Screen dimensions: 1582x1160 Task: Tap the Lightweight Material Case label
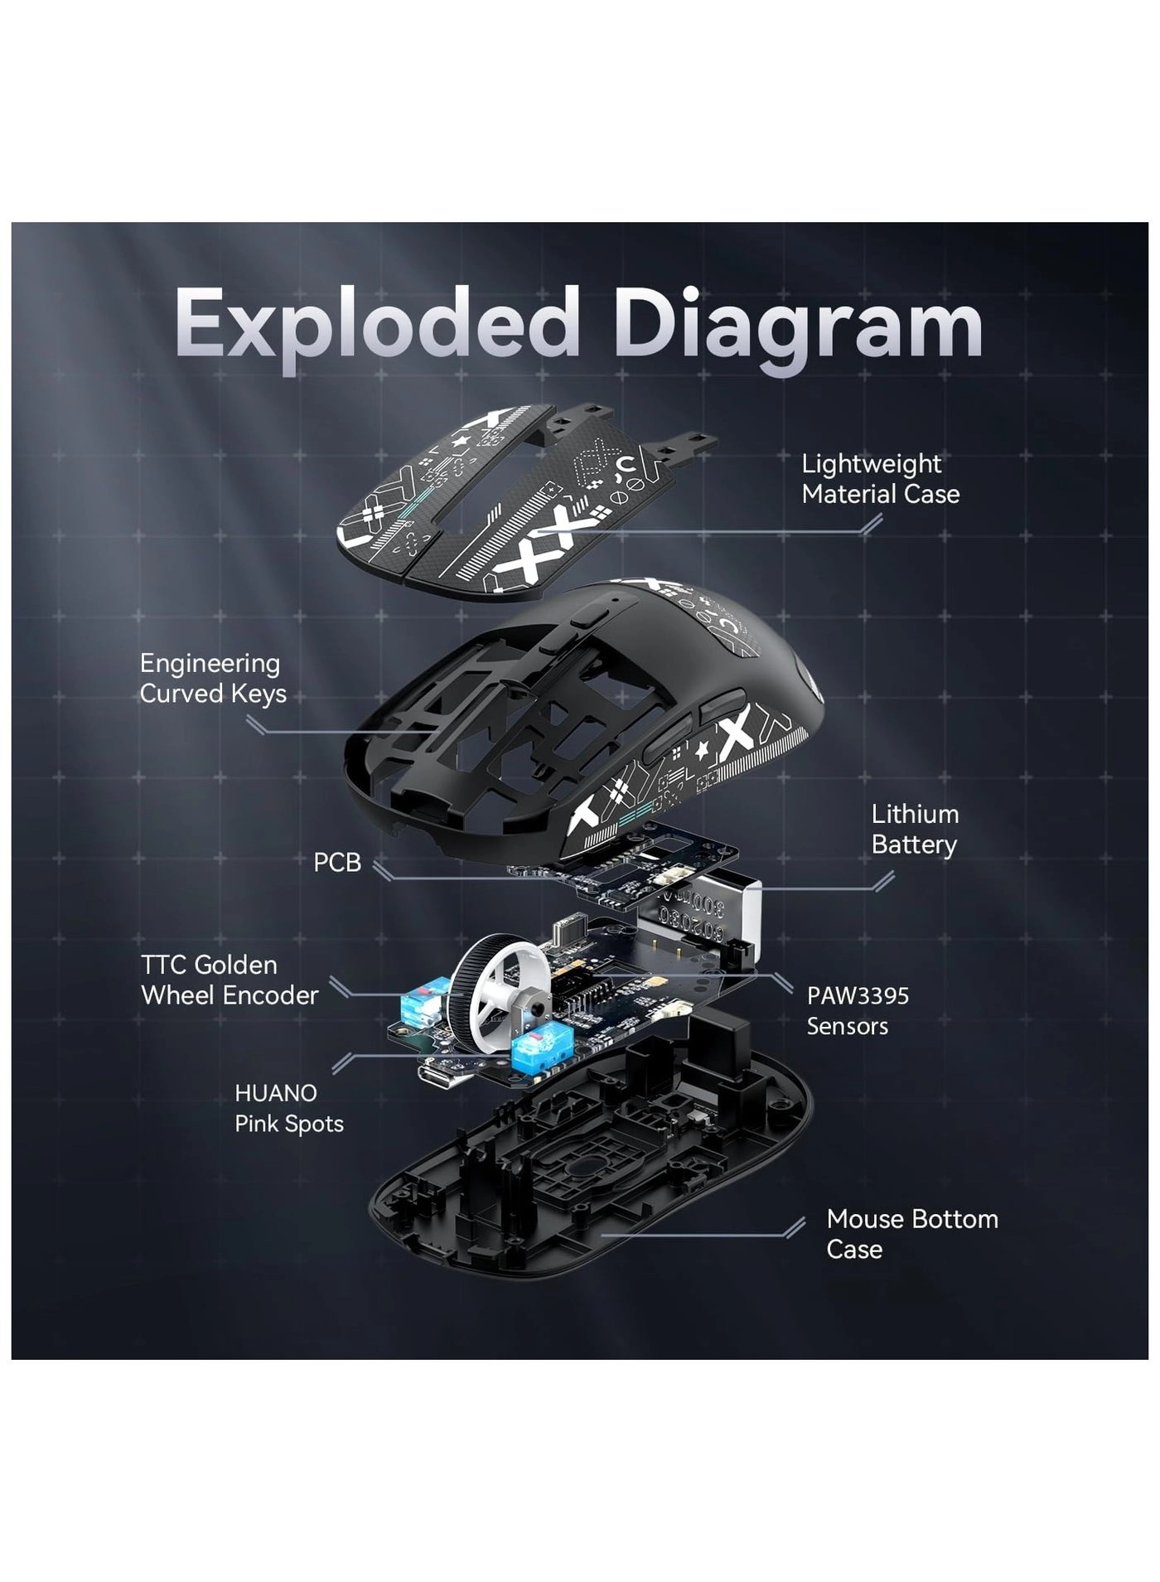coord(880,479)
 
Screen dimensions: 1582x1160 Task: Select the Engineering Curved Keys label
coord(212,678)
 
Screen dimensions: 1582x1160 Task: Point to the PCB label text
coord(337,863)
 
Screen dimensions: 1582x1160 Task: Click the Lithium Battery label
coord(914,829)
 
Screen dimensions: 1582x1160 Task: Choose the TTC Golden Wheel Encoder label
coord(230,980)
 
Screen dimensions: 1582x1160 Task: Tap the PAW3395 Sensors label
coord(857,1010)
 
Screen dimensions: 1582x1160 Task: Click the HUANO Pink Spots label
coord(288,1108)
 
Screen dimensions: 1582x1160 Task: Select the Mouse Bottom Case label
coord(911,1233)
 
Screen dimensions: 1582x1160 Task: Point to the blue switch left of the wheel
coord(422,1004)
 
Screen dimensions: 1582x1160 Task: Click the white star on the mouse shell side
coord(703,750)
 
